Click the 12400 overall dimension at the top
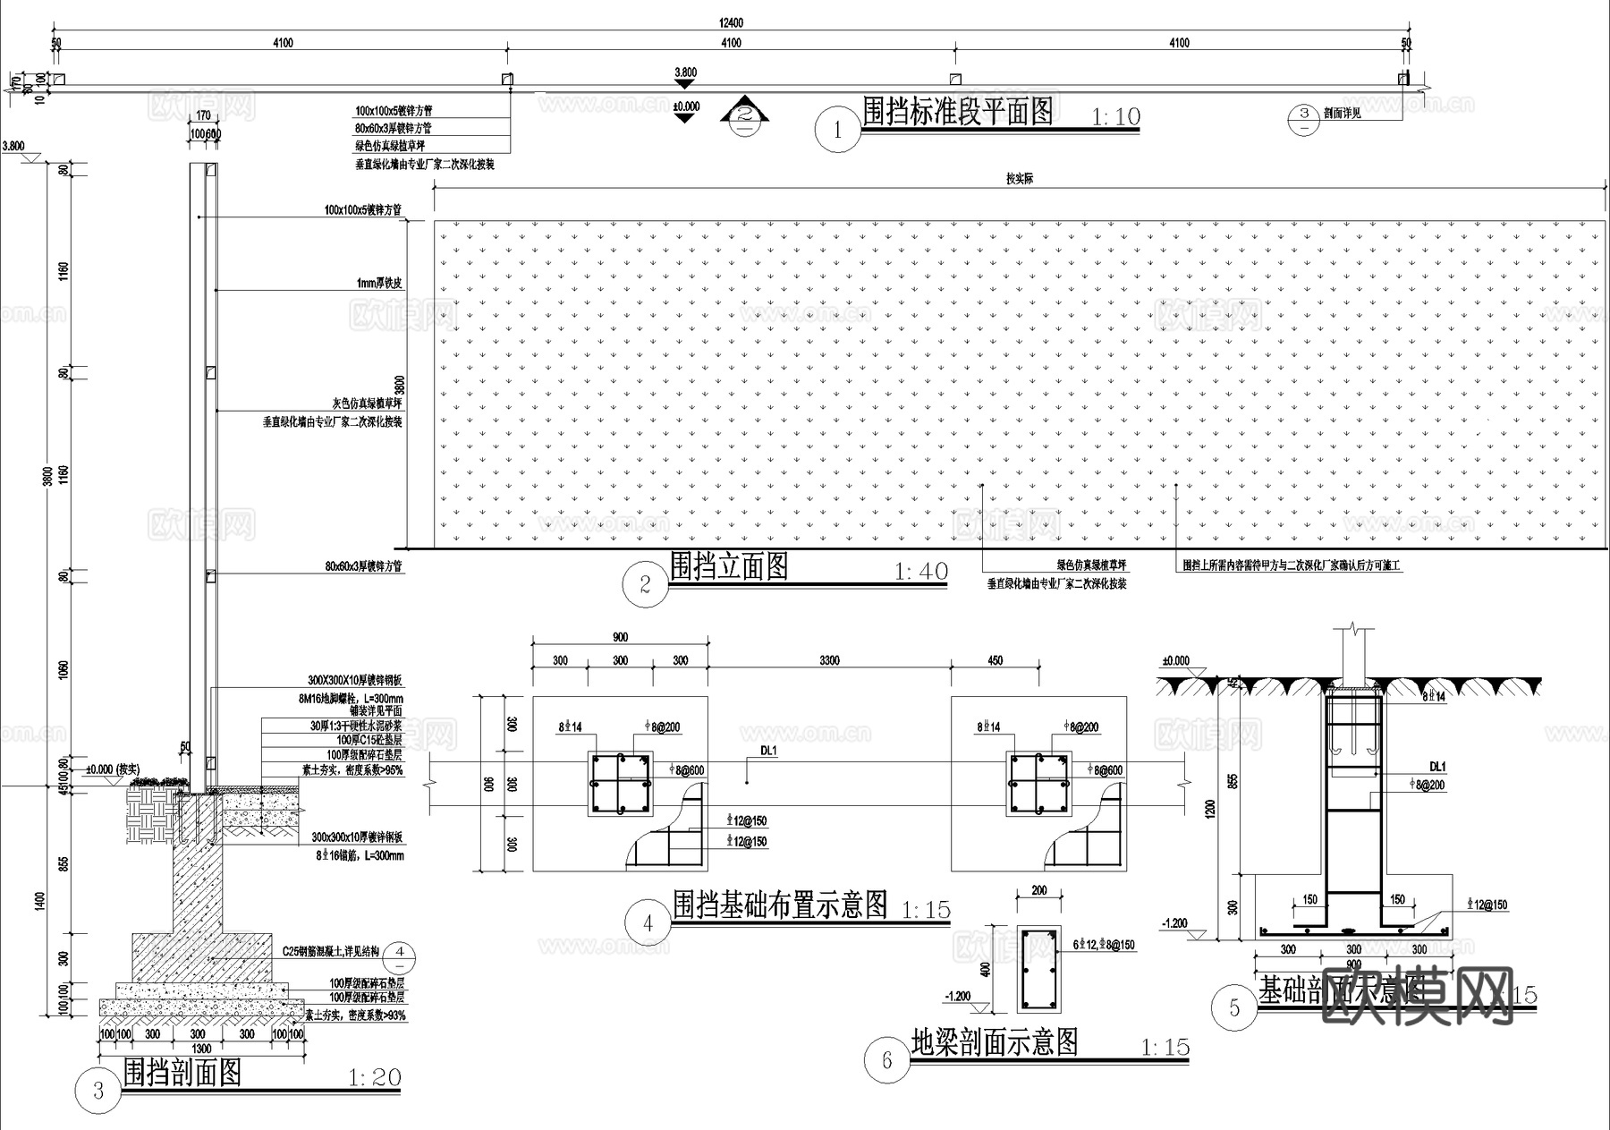point(731,23)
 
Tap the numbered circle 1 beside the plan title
point(837,131)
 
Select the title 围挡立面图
point(729,566)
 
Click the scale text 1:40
point(920,572)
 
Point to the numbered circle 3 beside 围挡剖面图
point(98,1091)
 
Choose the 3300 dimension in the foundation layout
point(829,661)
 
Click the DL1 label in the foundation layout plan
point(768,752)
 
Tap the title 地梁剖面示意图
point(995,1042)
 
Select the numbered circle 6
point(887,1060)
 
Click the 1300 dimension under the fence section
point(201,1048)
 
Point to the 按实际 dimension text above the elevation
point(1020,179)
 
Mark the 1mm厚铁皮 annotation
point(379,283)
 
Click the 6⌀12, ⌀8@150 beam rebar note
point(1104,945)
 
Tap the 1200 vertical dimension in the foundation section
point(1211,809)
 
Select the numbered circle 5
point(1235,1008)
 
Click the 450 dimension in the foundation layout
point(995,661)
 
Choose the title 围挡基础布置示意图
point(779,905)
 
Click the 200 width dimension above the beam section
point(1038,891)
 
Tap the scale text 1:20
point(374,1077)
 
